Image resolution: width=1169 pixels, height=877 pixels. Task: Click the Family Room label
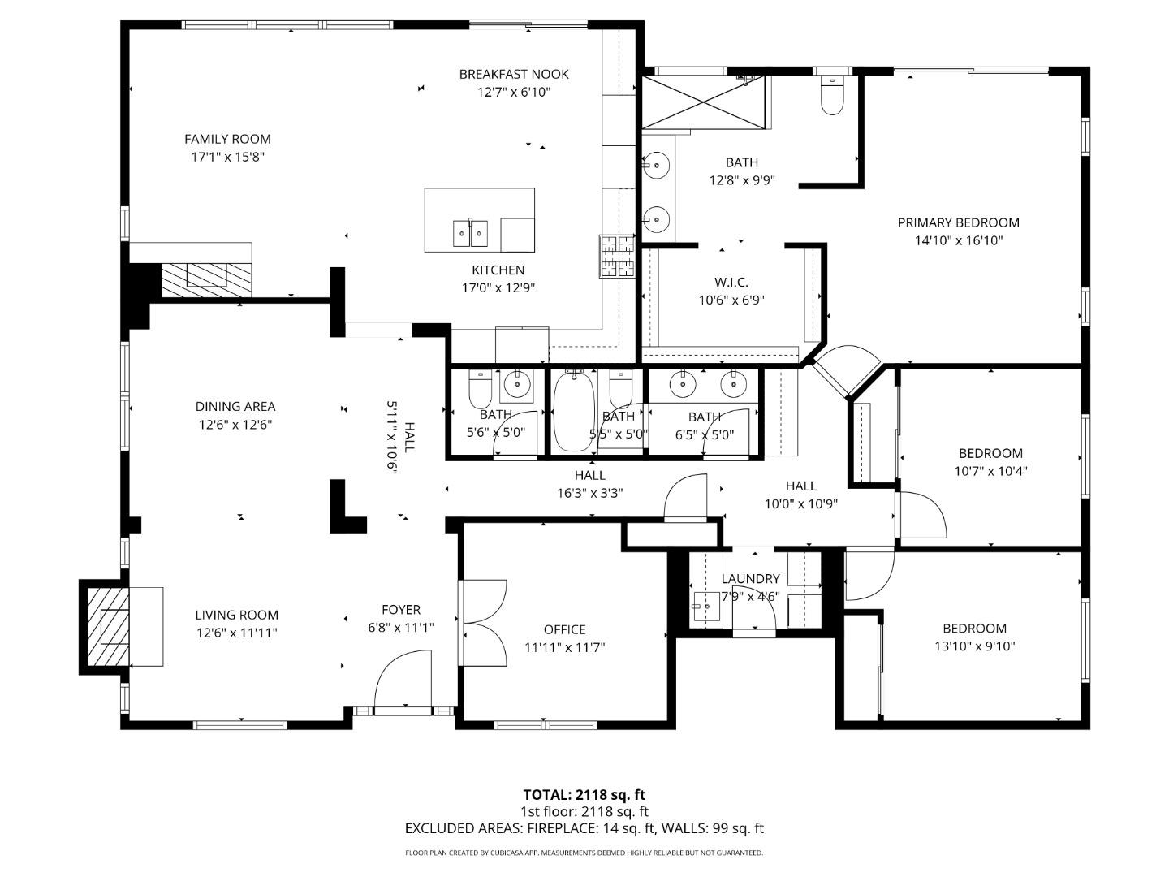(227, 139)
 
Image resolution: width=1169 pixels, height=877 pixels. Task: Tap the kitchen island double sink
(470, 234)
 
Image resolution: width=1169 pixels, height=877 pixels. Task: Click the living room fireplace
(108, 626)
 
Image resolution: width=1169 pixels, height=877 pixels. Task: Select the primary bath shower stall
(704, 102)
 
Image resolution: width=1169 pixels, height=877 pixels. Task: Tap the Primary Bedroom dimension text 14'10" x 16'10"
(958, 240)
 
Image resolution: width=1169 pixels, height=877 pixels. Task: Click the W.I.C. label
(731, 282)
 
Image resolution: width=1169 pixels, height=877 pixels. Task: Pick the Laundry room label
(750, 578)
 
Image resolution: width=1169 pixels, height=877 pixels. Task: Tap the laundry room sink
(705, 606)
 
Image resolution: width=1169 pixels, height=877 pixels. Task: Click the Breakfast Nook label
(514, 74)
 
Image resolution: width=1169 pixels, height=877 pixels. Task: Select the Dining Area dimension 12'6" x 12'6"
(235, 424)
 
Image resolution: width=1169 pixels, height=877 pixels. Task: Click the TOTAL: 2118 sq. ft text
(584, 794)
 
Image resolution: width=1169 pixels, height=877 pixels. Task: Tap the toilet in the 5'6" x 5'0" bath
(480, 391)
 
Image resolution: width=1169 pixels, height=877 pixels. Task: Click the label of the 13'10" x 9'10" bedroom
(974, 628)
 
